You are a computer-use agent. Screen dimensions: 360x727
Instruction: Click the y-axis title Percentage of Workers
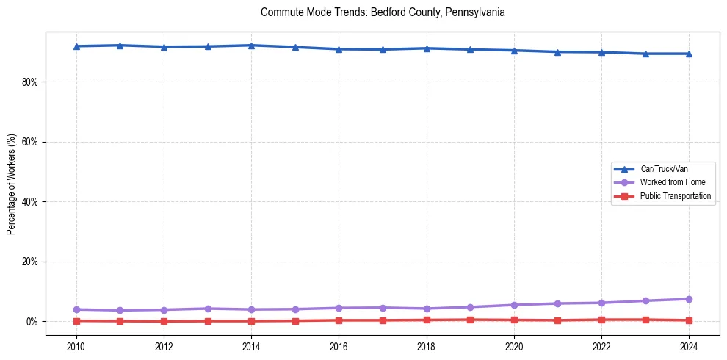pos(11,184)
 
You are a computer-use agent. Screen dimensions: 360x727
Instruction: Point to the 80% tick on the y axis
pos(29,82)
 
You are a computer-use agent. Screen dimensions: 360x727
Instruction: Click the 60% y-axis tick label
pos(29,142)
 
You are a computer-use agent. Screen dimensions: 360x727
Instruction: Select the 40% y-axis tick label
pos(29,201)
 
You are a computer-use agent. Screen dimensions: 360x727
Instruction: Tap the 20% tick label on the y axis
pos(29,262)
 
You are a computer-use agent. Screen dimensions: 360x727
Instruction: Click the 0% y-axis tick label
pos(32,322)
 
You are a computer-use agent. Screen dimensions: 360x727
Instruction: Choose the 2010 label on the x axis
pos(76,346)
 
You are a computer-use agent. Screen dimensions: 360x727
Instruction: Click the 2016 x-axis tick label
pos(339,346)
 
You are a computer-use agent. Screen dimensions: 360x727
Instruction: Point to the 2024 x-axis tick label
pos(689,346)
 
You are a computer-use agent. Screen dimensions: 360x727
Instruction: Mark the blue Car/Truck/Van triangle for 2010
pos(76,46)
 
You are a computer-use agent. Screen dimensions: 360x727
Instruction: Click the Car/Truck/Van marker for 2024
pos(689,54)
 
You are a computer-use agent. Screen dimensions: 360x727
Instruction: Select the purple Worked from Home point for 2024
pos(689,299)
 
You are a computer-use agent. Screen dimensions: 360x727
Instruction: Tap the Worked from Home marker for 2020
pos(514,305)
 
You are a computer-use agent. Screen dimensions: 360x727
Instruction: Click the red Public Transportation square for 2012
pos(164,321)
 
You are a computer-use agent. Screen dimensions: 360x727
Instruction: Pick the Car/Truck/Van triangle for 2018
pos(427,48)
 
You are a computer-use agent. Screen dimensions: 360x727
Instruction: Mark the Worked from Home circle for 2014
pos(251,309)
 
